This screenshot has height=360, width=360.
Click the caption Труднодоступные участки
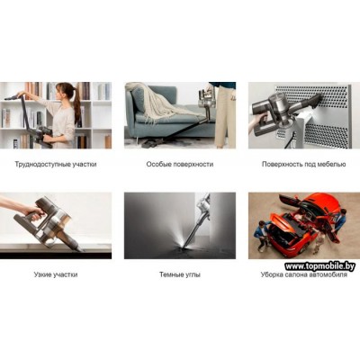(x=56, y=165)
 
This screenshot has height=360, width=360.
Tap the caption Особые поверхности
(x=180, y=165)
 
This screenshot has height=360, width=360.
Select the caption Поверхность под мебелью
(x=304, y=165)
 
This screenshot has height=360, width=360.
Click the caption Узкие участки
(x=56, y=274)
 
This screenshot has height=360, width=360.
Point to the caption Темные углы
(x=180, y=274)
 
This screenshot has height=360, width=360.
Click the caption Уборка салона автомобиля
(x=304, y=274)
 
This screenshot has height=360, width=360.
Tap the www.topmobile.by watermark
(x=319, y=266)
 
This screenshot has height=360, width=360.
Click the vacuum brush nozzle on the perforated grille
(x=315, y=102)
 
